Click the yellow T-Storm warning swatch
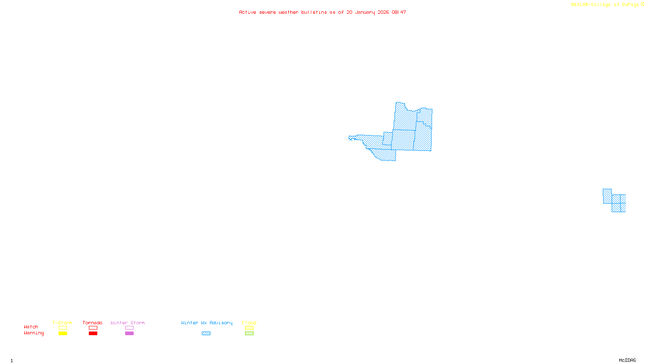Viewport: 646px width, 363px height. [63, 334]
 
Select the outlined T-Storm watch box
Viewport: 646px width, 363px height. [63, 328]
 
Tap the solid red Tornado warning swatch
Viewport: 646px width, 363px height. [93, 334]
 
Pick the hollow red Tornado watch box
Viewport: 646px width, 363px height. [93, 328]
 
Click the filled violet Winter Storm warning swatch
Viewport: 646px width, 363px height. [129, 334]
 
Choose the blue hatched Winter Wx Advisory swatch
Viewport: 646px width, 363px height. [206, 334]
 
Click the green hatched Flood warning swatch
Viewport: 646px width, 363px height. [249, 334]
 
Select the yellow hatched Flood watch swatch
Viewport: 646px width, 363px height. [249, 328]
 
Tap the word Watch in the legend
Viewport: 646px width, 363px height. [31, 327]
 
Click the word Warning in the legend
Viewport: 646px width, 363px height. [34, 333]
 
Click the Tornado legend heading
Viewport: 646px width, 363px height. [92, 323]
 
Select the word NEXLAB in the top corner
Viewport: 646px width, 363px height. [580, 5]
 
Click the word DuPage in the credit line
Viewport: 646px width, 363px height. [630, 5]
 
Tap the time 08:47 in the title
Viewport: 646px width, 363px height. [399, 12]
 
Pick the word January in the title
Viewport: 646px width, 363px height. [365, 12]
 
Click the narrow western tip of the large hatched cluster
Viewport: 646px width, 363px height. [351, 138]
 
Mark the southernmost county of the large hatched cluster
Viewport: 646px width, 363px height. [386, 155]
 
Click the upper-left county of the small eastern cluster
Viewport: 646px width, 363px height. [607, 196]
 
